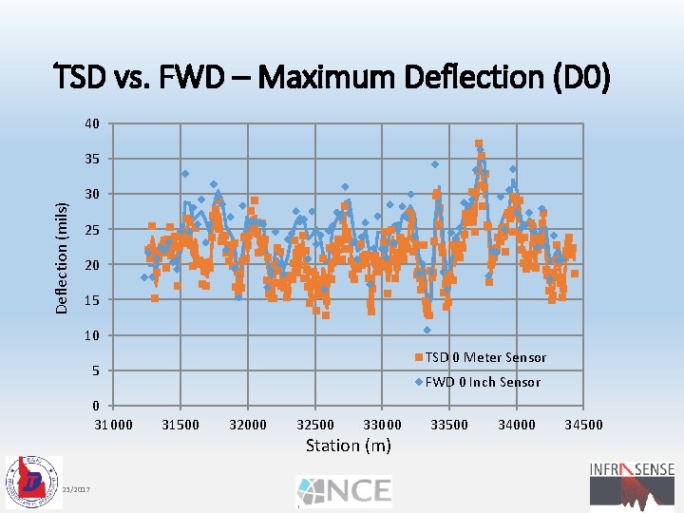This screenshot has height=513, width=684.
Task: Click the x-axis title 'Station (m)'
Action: coord(347,445)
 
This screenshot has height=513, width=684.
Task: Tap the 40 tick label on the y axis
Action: coord(91,123)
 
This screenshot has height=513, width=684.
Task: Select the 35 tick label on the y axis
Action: coord(91,159)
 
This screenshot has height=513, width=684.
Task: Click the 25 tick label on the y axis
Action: coord(91,230)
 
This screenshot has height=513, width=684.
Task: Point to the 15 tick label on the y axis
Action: coord(91,300)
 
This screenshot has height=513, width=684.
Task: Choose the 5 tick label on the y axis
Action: coord(95,370)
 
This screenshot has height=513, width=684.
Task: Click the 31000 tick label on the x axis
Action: coord(113,425)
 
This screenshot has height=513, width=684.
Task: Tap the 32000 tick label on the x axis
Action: coord(248,425)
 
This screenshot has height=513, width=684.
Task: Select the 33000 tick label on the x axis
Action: coord(382,425)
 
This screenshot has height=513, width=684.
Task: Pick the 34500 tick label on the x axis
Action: coord(583,425)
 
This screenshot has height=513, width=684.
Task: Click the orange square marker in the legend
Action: coord(417,357)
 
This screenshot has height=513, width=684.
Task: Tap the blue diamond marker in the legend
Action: coord(417,382)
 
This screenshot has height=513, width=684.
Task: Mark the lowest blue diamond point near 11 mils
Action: coord(427,330)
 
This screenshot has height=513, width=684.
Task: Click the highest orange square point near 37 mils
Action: coord(479,144)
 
